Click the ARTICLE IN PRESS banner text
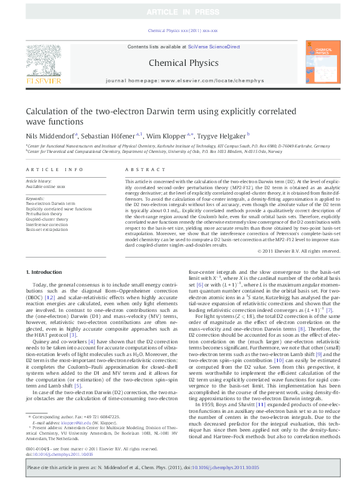coord(180,12)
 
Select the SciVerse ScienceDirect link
coord(214,47)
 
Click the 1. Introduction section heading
coord(46,273)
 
